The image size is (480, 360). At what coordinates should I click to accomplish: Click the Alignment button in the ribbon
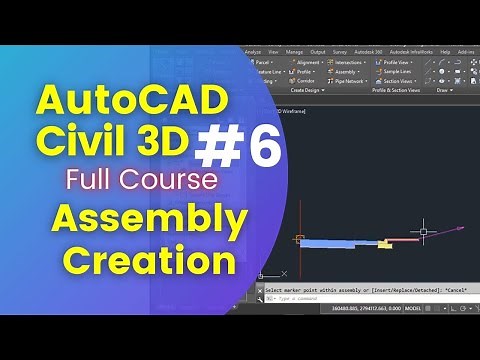coord(309,62)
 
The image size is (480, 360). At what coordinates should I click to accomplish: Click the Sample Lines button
coord(401,72)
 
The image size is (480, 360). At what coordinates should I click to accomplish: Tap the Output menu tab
coord(318,51)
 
